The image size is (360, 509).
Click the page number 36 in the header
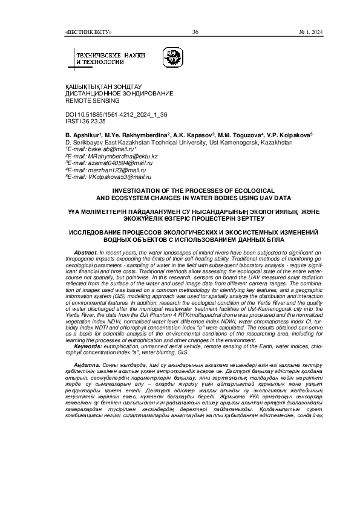point(195,32)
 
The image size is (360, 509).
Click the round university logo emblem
point(171,59)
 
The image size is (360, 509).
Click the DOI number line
point(108,114)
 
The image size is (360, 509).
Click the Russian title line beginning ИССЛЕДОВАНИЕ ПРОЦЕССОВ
point(180,232)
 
